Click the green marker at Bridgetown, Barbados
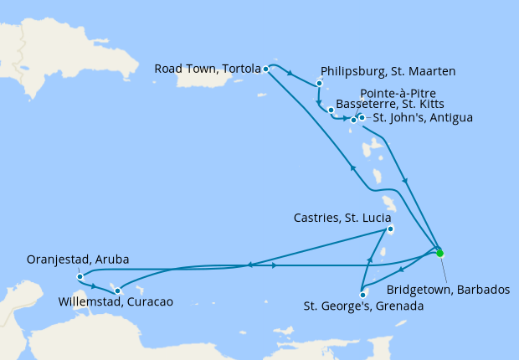(x=440, y=253)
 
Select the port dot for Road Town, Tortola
(x=266, y=69)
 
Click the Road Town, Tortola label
(x=206, y=69)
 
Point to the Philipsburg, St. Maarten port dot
(x=320, y=84)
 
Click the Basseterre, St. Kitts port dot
(x=331, y=111)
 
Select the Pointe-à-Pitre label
(x=398, y=93)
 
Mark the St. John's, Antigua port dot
(x=362, y=117)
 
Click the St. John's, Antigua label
(x=423, y=118)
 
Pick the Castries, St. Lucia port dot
(x=390, y=230)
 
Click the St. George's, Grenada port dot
(x=362, y=294)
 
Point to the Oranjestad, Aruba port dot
(x=79, y=276)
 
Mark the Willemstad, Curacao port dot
(x=117, y=291)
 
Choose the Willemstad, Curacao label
(x=116, y=301)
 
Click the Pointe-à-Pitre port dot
(x=354, y=121)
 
